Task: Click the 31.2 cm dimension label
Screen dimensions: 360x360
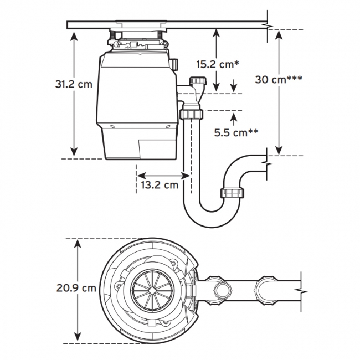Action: click(x=74, y=84)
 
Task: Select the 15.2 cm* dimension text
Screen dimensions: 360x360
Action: click(x=218, y=64)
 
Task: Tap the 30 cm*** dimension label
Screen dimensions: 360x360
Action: click(x=279, y=79)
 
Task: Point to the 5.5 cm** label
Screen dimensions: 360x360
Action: click(x=236, y=132)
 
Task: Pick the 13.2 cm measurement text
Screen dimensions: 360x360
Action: click(x=160, y=185)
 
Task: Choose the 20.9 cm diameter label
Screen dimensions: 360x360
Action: click(x=76, y=288)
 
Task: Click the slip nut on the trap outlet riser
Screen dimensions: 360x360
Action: click(x=232, y=193)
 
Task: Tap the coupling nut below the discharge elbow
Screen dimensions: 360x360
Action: click(x=192, y=114)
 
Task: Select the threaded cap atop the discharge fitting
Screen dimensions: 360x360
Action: click(x=198, y=81)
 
